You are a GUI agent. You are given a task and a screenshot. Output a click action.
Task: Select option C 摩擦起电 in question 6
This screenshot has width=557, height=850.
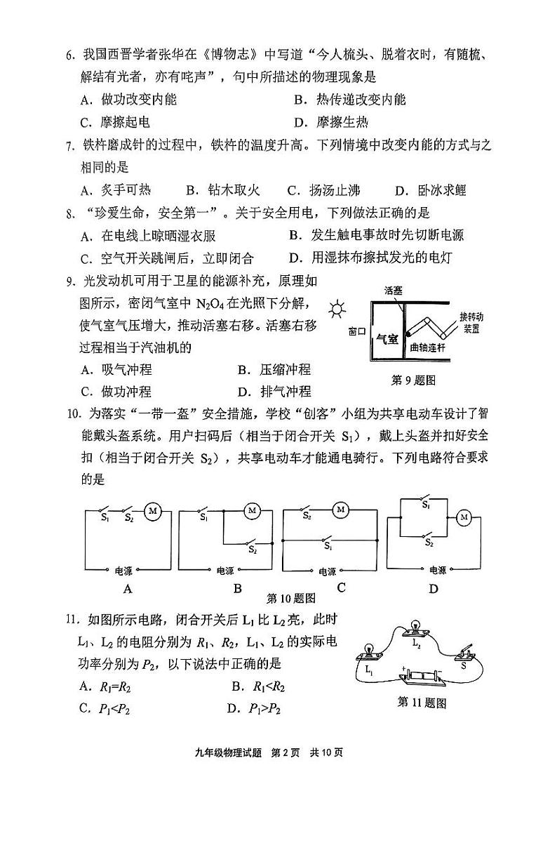[x=115, y=122]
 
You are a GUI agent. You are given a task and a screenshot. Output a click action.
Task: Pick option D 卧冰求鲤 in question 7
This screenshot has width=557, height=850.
[x=431, y=190]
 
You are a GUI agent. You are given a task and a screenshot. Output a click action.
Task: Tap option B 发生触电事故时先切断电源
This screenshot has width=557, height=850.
[x=376, y=235]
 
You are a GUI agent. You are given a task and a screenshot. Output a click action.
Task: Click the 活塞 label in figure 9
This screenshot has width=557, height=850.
[x=394, y=290]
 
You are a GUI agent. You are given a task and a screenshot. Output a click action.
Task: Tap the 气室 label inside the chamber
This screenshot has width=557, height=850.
[x=387, y=338]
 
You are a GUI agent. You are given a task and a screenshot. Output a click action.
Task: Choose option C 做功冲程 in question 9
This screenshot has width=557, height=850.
[x=116, y=391]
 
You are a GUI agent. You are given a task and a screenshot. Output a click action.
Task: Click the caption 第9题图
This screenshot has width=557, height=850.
[x=413, y=380]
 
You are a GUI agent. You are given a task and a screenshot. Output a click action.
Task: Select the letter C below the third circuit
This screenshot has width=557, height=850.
[x=341, y=587]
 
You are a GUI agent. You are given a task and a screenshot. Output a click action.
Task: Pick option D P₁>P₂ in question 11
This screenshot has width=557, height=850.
[x=254, y=708]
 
